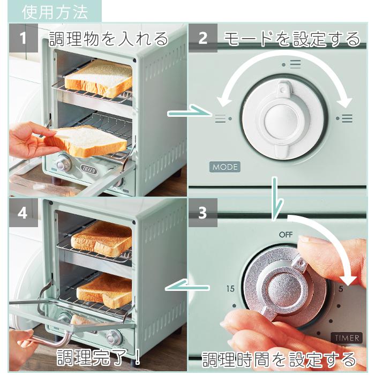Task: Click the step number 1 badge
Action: click(24, 38)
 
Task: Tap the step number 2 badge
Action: click(203, 38)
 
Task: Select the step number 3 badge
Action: click(203, 212)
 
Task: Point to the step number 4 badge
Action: click(24, 212)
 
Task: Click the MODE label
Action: click(225, 167)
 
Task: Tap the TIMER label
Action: click(347, 338)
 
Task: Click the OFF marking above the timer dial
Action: click(286, 235)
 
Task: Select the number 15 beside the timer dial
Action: click(230, 289)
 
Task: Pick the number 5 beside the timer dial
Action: click(341, 289)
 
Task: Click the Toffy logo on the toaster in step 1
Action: click(89, 170)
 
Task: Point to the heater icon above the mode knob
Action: click(291, 64)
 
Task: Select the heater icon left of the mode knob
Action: click(223, 118)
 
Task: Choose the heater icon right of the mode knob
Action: click(344, 118)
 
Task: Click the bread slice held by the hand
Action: click(86, 142)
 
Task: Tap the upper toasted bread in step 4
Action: click(102, 239)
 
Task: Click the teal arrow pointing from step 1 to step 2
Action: click(189, 112)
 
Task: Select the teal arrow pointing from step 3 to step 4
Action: click(187, 287)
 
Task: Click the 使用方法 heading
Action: click(55, 12)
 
